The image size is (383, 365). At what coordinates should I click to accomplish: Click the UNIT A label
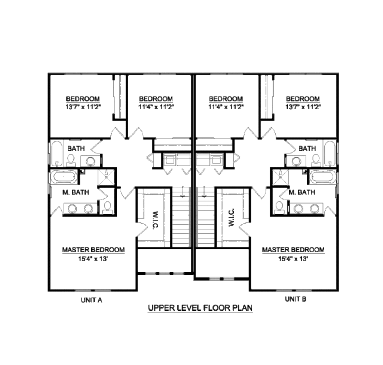(92, 300)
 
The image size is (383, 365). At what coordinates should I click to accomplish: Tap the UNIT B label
(296, 299)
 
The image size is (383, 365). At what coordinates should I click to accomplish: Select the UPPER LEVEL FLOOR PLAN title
(200, 308)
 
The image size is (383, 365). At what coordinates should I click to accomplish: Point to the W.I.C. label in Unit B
(231, 218)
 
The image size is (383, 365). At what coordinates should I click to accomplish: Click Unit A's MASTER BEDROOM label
(93, 250)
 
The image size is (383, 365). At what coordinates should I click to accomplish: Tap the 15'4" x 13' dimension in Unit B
(293, 258)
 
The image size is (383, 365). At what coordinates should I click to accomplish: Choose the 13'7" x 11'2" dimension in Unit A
(83, 106)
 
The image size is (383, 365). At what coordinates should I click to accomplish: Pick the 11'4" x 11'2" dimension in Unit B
(226, 106)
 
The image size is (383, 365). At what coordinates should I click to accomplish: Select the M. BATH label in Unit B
(302, 192)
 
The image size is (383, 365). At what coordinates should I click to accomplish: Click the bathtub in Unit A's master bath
(64, 176)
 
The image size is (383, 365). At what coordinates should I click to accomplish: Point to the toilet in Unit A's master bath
(107, 208)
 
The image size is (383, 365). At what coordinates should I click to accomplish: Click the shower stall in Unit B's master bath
(281, 176)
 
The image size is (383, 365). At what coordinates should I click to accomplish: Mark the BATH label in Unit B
(307, 149)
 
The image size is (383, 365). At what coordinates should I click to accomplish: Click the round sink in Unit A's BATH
(91, 161)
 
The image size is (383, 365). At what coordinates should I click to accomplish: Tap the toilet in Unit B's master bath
(279, 208)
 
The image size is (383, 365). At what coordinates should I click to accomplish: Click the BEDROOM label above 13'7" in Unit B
(303, 99)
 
